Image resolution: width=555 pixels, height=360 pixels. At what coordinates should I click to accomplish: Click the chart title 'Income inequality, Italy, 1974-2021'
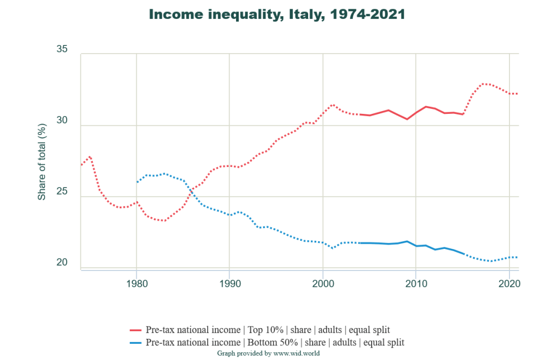277,15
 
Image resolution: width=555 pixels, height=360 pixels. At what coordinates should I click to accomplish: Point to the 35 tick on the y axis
62,49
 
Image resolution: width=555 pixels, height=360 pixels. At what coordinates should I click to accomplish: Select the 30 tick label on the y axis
62,121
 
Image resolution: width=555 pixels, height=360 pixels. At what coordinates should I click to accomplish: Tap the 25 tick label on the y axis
62,192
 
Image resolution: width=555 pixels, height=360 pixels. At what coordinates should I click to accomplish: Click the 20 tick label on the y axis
62,263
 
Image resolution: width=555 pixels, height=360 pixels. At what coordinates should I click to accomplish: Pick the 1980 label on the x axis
136,283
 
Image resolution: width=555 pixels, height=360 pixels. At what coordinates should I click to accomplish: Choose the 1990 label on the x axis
229,283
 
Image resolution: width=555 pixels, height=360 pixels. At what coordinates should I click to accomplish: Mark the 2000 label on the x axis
323,283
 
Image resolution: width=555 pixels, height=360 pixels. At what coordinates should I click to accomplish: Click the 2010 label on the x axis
416,283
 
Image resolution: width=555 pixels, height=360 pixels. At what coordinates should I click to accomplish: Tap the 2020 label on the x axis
509,283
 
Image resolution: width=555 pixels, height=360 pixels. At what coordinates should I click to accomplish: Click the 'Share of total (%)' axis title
42,161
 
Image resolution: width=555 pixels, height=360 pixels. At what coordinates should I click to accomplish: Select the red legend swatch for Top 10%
136,330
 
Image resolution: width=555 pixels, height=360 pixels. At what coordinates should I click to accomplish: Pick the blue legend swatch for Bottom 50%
136,343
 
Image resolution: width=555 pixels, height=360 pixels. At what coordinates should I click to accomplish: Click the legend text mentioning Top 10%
267,330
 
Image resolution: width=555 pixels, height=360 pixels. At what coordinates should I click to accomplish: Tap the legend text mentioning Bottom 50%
275,343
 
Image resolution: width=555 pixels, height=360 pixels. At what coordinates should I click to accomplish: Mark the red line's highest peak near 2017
484,83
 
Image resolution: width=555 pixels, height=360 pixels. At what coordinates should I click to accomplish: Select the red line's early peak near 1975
90,157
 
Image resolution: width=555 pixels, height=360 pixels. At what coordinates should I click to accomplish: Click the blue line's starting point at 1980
137,182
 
